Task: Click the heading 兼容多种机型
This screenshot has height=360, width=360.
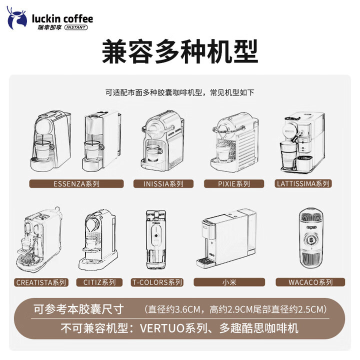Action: point(180,52)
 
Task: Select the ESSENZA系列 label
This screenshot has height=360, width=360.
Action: point(76,183)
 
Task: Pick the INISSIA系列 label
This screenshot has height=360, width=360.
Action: point(163,183)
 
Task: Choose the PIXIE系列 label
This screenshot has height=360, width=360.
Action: point(233,183)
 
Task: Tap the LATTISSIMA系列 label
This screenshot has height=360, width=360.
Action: point(303,183)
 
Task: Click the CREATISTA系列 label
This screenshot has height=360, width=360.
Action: point(41,282)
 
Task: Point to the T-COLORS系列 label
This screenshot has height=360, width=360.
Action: point(157,282)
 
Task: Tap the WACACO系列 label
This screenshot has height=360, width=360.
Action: point(310,282)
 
